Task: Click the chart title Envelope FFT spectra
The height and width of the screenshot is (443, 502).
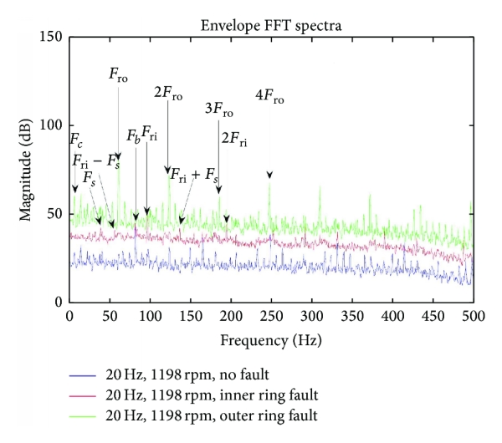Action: pyautogui.click(x=271, y=26)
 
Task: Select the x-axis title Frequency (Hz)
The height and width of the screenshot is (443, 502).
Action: pyautogui.click(x=271, y=342)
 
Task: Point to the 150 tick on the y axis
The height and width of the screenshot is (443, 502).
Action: pyautogui.click(x=51, y=37)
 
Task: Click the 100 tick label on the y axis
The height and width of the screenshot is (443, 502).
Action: pyautogui.click(x=51, y=125)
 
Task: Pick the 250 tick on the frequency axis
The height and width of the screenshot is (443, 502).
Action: pyautogui.click(x=271, y=318)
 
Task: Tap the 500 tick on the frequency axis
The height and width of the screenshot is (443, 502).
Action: pyautogui.click(x=473, y=318)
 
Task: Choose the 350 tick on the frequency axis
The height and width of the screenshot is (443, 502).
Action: pyautogui.click(x=351, y=318)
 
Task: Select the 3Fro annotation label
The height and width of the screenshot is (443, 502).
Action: pyautogui.click(x=219, y=110)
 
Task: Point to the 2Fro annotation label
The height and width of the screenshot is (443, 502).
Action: pyautogui.click(x=168, y=92)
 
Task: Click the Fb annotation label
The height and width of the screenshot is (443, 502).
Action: pyautogui.click(x=133, y=135)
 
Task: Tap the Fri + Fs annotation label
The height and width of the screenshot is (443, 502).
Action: pyautogui.click(x=194, y=176)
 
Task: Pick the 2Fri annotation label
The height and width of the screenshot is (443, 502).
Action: pyautogui.click(x=233, y=140)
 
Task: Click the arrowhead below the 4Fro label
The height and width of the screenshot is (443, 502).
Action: pyautogui.click(x=269, y=175)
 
